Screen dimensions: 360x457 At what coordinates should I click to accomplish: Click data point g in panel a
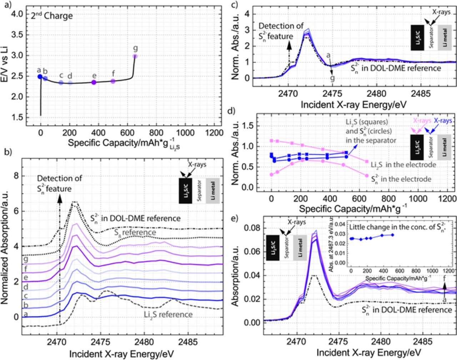point(135,56)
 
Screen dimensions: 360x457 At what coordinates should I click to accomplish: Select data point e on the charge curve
point(94,82)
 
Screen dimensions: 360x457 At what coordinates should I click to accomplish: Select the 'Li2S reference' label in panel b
point(168,315)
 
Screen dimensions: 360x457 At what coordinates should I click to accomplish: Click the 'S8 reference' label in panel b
point(135,232)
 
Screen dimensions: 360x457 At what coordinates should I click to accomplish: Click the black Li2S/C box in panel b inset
point(186,191)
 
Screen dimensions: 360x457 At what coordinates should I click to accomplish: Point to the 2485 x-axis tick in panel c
point(421,94)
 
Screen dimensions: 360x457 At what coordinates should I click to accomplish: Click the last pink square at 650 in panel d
point(367,161)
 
